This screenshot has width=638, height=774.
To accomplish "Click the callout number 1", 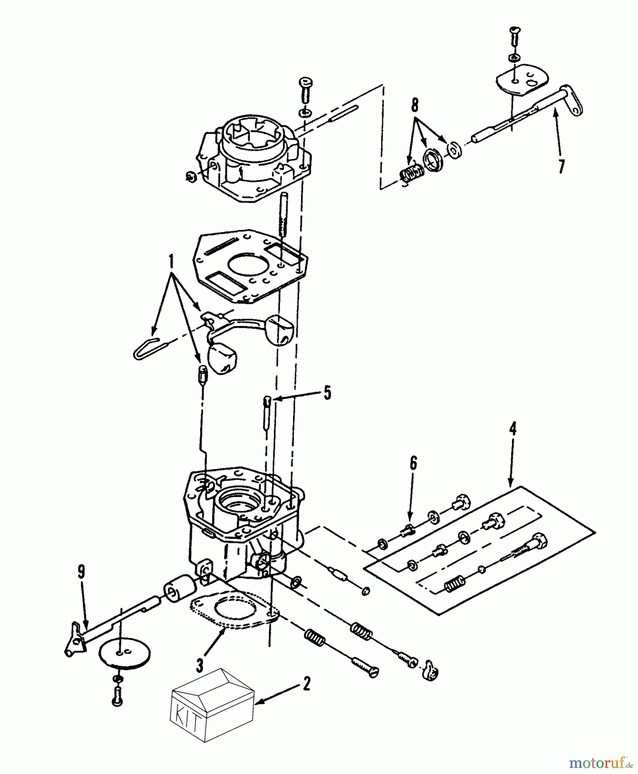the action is click(172, 261).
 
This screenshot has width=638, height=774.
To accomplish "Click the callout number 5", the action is click(327, 393).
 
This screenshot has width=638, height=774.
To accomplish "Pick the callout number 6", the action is click(413, 464).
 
